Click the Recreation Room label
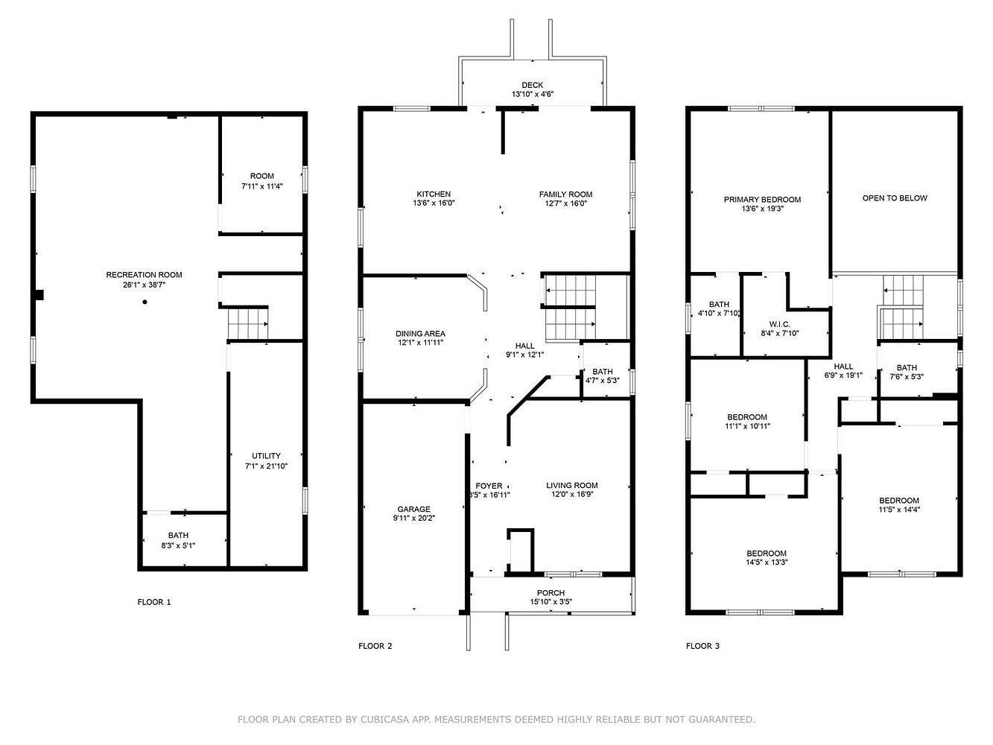click(x=144, y=275)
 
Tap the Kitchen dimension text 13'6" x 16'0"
click(x=434, y=203)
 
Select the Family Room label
click(x=565, y=194)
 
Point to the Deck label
click(x=533, y=85)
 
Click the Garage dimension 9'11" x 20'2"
click(x=414, y=518)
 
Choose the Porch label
click(x=551, y=592)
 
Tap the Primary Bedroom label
click(x=762, y=200)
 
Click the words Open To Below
click(x=895, y=198)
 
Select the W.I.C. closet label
click(x=779, y=324)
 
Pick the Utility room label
click(x=266, y=455)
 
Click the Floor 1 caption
click(x=154, y=602)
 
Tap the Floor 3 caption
click(x=702, y=646)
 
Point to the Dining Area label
click(x=420, y=333)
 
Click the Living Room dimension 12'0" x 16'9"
click(x=572, y=494)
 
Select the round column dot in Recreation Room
click(x=145, y=302)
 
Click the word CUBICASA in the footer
click(x=382, y=719)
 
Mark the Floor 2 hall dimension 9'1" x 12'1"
click(x=524, y=355)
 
